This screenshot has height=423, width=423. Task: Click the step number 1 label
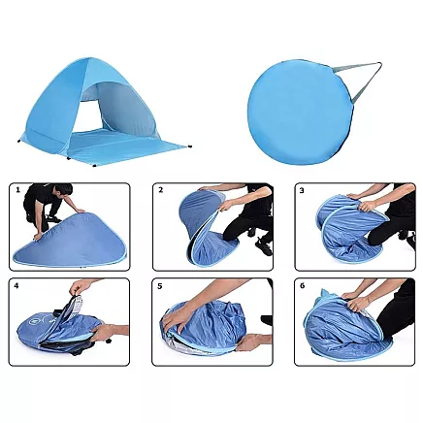(x=18, y=190)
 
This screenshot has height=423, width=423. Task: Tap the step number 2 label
(x=161, y=190)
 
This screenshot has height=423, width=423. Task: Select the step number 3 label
(x=302, y=190)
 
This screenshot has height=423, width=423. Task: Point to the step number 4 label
(x=16, y=285)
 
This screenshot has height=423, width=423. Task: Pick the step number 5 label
(x=159, y=286)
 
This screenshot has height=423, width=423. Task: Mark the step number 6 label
(x=303, y=286)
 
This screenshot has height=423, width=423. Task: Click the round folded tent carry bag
(x=301, y=112)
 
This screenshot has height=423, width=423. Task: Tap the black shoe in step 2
(x=265, y=246)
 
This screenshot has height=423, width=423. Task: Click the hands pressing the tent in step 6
(x=356, y=300)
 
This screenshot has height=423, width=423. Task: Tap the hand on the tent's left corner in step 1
(x=38, y=237)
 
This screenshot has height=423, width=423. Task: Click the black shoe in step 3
(x=410, y=242)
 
